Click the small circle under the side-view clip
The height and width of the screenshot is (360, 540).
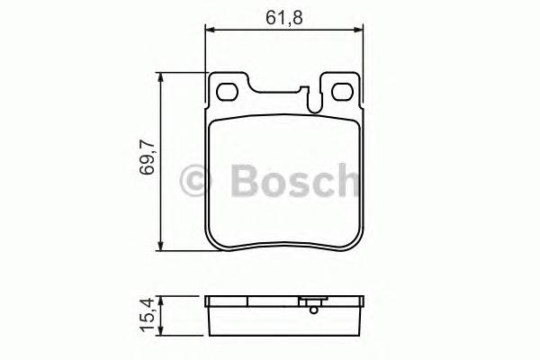[312, 311]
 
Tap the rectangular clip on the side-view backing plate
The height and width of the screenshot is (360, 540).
[311, 301]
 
